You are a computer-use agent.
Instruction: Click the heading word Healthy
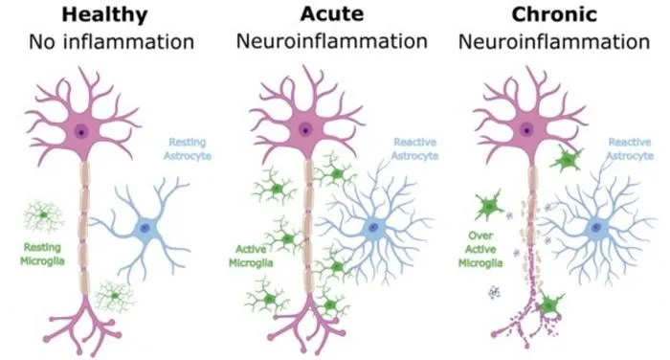click(x=104, y=15)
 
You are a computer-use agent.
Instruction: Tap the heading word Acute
click(x=332, y=13)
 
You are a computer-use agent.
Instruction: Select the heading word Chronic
click(x=554, y=14)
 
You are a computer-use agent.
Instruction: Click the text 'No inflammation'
click(x=112, y=42)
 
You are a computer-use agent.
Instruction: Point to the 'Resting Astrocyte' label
click(x=188, y=148)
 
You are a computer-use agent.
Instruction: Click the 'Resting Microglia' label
click(x=42, y=254)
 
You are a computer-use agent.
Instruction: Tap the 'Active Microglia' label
click(x=251, y=256)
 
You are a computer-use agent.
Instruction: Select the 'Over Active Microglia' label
click(x=480, y=249)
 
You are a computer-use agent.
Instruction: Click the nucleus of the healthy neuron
click(x=80, y=131)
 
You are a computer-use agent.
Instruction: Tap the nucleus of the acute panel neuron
click(x=305, y=129)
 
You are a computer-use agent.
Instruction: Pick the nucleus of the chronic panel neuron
click(x=526, y=130)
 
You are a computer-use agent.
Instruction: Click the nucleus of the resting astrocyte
click(x=145, y=228)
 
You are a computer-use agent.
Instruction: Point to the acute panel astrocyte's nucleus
click(x=374, y=227)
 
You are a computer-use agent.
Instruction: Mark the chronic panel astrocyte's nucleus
click(x=596, y=227)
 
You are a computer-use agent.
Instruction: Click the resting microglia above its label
click(x=43, y=215)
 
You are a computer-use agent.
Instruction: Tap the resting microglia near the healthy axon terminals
click(x=115, y=296)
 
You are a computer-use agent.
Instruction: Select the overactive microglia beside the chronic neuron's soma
click(x=567, y=160)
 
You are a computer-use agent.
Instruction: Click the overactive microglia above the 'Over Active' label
click(x=489, y=207)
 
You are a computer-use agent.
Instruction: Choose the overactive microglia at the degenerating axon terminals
click(x=548, y=305)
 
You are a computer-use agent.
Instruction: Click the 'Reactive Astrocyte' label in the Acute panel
click(x=414, y=148)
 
